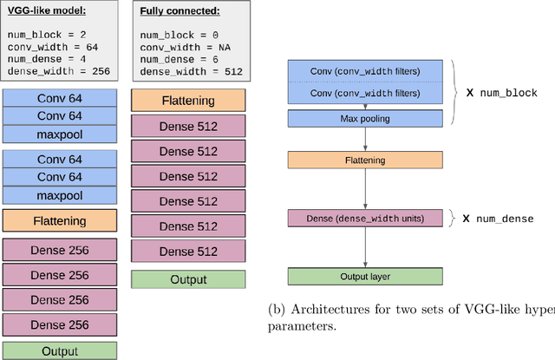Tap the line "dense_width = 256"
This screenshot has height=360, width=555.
(58, 71)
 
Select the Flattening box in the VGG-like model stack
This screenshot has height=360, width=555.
(58, 220)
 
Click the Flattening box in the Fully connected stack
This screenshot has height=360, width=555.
(188, 101)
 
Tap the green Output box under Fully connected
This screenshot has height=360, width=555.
(188, 279)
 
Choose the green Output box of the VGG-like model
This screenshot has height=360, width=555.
(58, 351)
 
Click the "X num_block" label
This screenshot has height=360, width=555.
(502, 92)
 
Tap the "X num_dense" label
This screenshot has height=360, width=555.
(499, 219)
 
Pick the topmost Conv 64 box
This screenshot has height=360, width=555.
(58, 98)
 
